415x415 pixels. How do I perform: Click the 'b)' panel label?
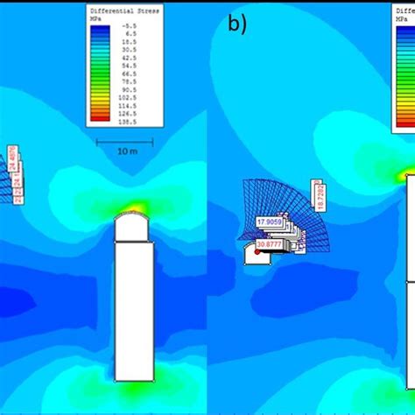(237, 25)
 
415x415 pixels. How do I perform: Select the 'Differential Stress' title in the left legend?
(124, 11)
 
